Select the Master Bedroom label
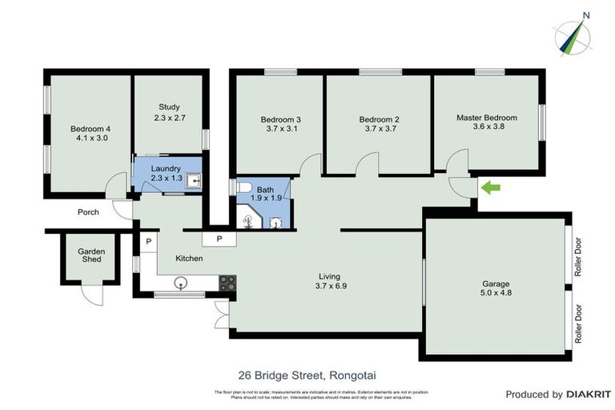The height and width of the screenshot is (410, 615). point(486,118)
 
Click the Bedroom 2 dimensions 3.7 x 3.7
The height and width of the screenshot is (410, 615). point(380,129)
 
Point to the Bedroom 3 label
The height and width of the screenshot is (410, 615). point(280,119)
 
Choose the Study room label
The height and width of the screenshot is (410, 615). point(169,107)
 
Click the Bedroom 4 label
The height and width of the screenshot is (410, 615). point(90,128)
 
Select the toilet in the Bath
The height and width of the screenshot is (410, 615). point(244,189)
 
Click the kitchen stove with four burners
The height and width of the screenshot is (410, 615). point(227,283)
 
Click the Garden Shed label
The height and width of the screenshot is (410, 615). point(91,255)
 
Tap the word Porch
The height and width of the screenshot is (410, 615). point(88,213)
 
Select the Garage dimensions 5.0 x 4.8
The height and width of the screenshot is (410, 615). point(496,293)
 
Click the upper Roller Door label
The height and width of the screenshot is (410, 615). point(577,260)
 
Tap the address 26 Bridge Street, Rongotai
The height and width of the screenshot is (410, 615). point(307,374)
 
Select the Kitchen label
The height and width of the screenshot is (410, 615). point(190,259)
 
